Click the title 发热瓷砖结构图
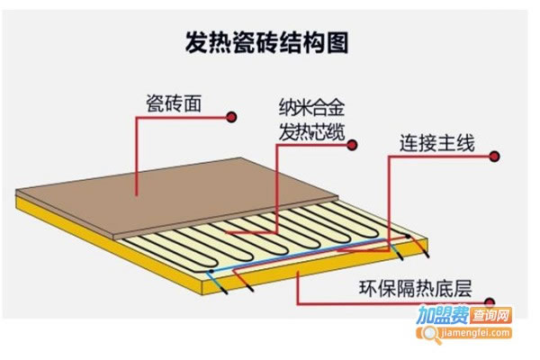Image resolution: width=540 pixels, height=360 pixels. click(267, 42)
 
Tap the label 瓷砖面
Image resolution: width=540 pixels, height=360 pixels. click(174, 103)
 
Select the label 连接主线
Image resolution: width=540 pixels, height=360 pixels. click(437, 143)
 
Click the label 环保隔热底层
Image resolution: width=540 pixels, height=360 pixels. click(415, 288)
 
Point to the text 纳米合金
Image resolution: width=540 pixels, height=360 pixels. click(311, 107)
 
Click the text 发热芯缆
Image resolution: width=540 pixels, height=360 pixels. click(311, 132)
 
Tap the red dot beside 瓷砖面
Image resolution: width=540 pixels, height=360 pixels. click(231, 117)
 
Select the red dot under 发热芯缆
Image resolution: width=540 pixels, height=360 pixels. click(351, 145)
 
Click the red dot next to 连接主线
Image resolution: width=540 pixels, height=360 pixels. click(494, 157)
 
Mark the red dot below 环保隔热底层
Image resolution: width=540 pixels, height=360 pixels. click(489, 302)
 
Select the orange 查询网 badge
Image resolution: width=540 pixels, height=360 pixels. click(490, 315)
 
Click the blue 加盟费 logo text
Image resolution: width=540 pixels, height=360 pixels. click(443, 315)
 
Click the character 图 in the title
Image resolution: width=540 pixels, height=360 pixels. click(337, 42)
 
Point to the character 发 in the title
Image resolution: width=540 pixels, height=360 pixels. click(196, 42)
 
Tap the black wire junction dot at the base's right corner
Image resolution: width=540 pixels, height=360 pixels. click(408, 237)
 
